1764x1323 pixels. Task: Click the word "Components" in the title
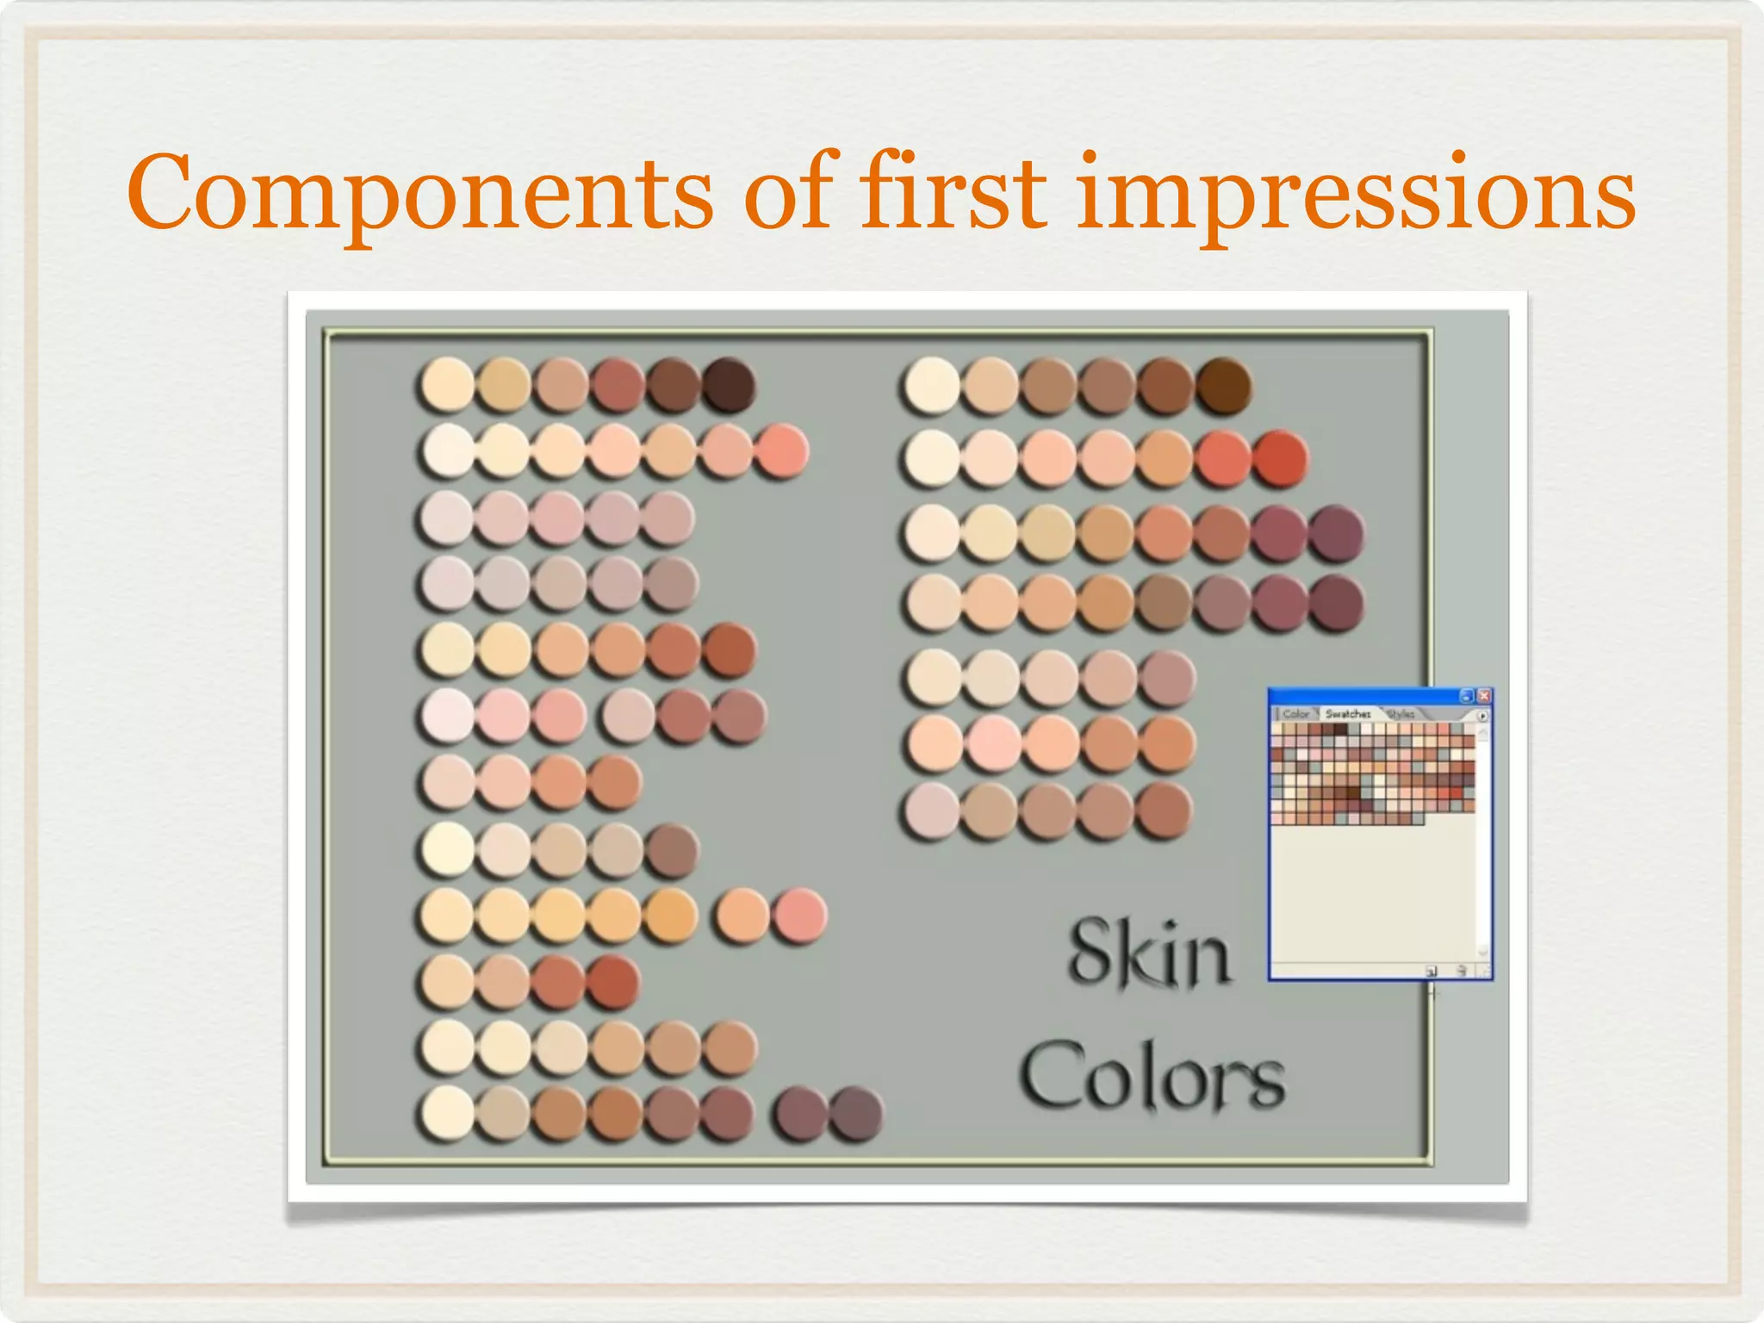click(419, 193)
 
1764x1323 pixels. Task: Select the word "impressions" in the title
click(1356, 193)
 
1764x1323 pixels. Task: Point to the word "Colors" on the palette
click(1152, 1077)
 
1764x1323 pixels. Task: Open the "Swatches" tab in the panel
click(1348, 714)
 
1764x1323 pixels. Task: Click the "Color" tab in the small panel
click(1295, 714)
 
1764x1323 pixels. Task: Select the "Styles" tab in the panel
click(1401, 714)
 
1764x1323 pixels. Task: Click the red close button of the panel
click(1484, 696)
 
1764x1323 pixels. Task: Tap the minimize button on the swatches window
click(1467, 696)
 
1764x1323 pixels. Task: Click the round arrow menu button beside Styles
click(1482, 716)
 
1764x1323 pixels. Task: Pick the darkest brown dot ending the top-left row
click(729, 384)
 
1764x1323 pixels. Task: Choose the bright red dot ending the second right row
click(1279, 459)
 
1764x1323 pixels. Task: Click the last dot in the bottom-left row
click(856, 1115)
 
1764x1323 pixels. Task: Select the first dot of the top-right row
click(932, 384)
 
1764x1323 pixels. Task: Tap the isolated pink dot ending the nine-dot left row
click(799, 916)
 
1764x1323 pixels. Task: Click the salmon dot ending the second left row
click(782, 450)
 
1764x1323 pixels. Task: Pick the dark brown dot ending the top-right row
click(1223, 384)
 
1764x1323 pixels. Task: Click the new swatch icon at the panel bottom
click(1432, 971)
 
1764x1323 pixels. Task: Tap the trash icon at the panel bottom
click(1462, 971)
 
